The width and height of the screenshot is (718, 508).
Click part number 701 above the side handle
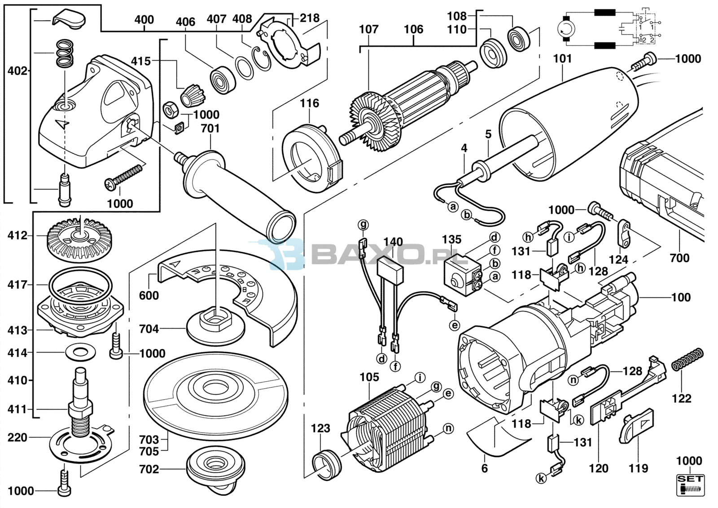tap(210, 129)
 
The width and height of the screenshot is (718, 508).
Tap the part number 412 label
tap(18, 236)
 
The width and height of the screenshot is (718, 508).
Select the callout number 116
tap(309, 103)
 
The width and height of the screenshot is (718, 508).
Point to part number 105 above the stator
tap(369, 377)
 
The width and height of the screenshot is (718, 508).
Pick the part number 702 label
tap(149, 469)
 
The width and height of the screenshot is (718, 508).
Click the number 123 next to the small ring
tap(320, 428)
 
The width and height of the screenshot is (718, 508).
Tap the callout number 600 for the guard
tap(149, 296)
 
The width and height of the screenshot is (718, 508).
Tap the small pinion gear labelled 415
tap(193, 95)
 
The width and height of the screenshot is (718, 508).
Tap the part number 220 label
tap(18, 437)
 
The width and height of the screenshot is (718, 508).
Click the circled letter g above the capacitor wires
tap(363, 224)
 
